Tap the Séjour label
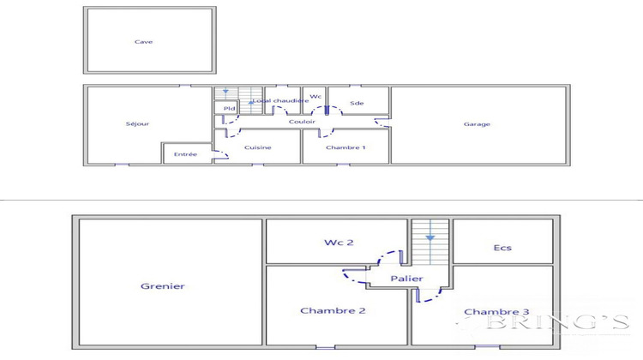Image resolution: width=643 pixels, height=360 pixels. pyautogui.click(x=137, y=124)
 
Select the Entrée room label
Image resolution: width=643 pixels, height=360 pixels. pyautogui.click(x=185, y=154)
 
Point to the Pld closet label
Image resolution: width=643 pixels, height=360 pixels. pyautogui.click(x=229, y=109)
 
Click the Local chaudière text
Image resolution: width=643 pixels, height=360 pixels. pyautogui.click(x=280, y=100)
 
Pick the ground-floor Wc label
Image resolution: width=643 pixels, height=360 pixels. pyautogui.click(x=315, y=96)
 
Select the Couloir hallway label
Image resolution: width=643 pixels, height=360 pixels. pyautogui.click(x=302, y=122)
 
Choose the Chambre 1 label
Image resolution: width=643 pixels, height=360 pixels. pyautogui.click(x=346, y=147)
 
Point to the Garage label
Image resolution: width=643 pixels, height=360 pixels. pyautogui.click(x=477, y=124)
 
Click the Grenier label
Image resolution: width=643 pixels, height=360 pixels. pyautogui.click(x=163, y=286)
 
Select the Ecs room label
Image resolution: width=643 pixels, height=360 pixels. pyautogui.click(x=502, y=248)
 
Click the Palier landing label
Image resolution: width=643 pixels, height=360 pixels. pyautogui.click(x=405, y=279)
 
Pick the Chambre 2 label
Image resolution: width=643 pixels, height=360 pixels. pyautogui.click(x=333, y=310)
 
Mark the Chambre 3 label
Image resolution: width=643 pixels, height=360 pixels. pyautogui.click(x=496, y=311)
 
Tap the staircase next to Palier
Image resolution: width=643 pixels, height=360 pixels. pyautogui.click(x=430, y=244)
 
